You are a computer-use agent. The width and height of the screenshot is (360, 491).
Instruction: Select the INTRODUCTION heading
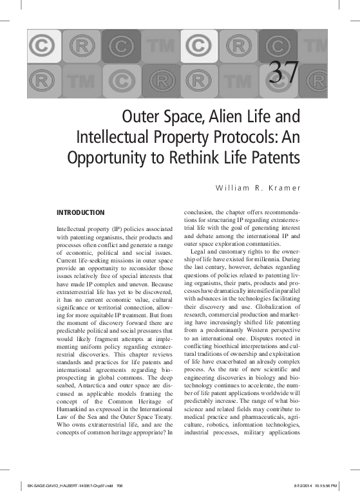[x=81, y=212]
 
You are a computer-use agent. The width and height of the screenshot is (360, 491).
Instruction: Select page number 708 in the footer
[x=119, y=485]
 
